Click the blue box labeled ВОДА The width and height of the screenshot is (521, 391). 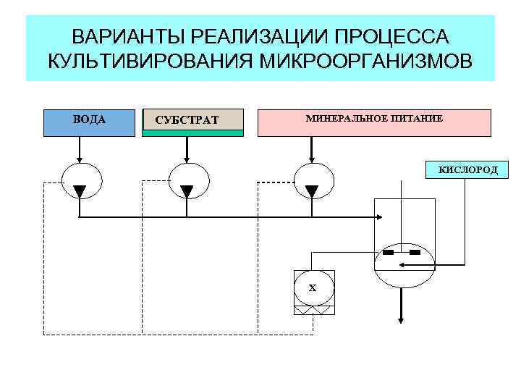tap(88, 123)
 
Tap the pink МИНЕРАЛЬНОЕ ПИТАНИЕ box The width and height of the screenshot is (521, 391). tap(374, 122)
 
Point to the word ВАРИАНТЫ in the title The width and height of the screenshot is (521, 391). tap(124, 36)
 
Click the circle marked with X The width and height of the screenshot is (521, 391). tap(314, 287)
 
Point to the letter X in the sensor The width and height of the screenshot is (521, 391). tap(313, 288)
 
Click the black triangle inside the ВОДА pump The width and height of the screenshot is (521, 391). tap(80, 191)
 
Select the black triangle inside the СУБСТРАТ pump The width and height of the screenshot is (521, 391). tap(187, 191)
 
